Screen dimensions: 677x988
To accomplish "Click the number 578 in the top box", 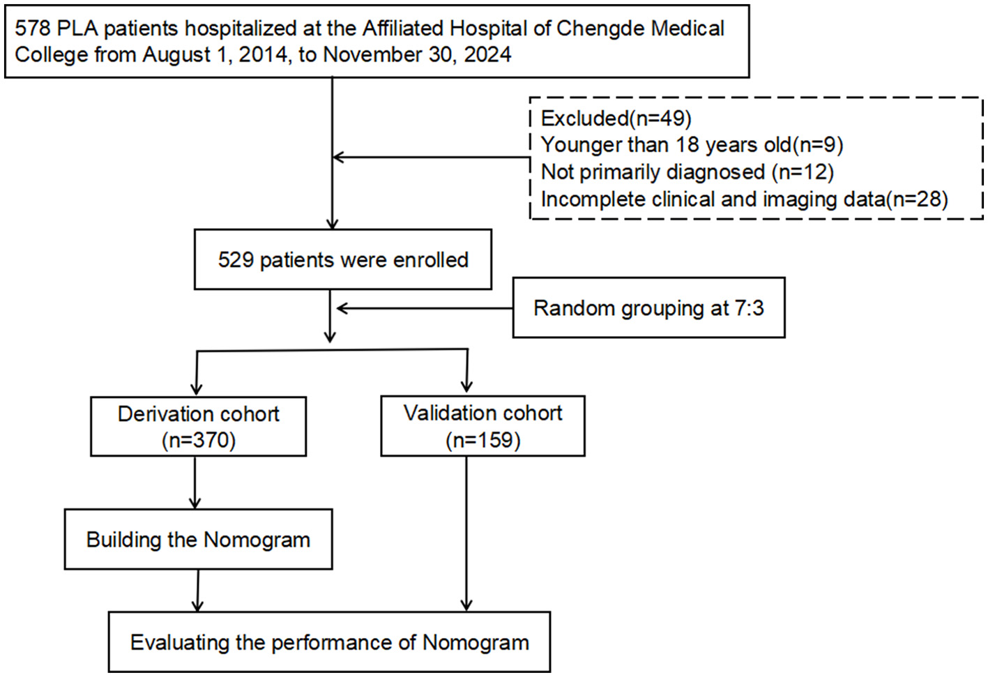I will click(31, 29).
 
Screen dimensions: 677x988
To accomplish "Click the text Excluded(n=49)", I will click(616, 119).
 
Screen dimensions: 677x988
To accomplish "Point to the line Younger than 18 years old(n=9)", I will click(692, 145).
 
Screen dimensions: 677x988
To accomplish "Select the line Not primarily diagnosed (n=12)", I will click(687, 172).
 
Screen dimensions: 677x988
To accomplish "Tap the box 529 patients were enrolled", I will click(342, 259).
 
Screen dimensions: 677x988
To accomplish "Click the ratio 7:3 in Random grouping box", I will click(749, 308).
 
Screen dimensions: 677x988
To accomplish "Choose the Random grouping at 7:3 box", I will click(648, 308).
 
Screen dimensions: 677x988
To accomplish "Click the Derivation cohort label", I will click(198, 414).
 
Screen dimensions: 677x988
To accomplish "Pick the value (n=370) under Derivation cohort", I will click(198, 440).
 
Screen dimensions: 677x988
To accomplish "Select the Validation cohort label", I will click(482, 413).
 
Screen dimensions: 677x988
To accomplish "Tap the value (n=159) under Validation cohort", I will click(482, 440).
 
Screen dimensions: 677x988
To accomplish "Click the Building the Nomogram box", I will click(198, 540).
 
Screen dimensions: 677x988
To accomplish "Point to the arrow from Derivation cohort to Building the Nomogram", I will click(195, 482).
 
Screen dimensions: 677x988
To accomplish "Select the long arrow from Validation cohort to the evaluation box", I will click(466, 533).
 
